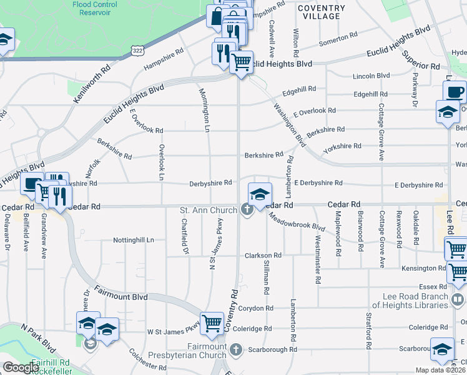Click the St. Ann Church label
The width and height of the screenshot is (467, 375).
point(208,210)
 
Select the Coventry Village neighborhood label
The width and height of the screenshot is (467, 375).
point(321,12)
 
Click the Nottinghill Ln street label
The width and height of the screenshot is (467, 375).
point(133,240)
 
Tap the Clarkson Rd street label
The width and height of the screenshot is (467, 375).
point(263,255)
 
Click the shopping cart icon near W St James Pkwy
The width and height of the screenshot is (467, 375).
point(212,322)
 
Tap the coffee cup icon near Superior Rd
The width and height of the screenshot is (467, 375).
point(455,92)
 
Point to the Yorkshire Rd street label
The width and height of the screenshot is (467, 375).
point(342,146)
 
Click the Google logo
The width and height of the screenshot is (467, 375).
point(21,367)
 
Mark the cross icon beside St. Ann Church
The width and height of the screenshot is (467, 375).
point(247,210)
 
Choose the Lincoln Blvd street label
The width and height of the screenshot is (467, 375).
point(371,76)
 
